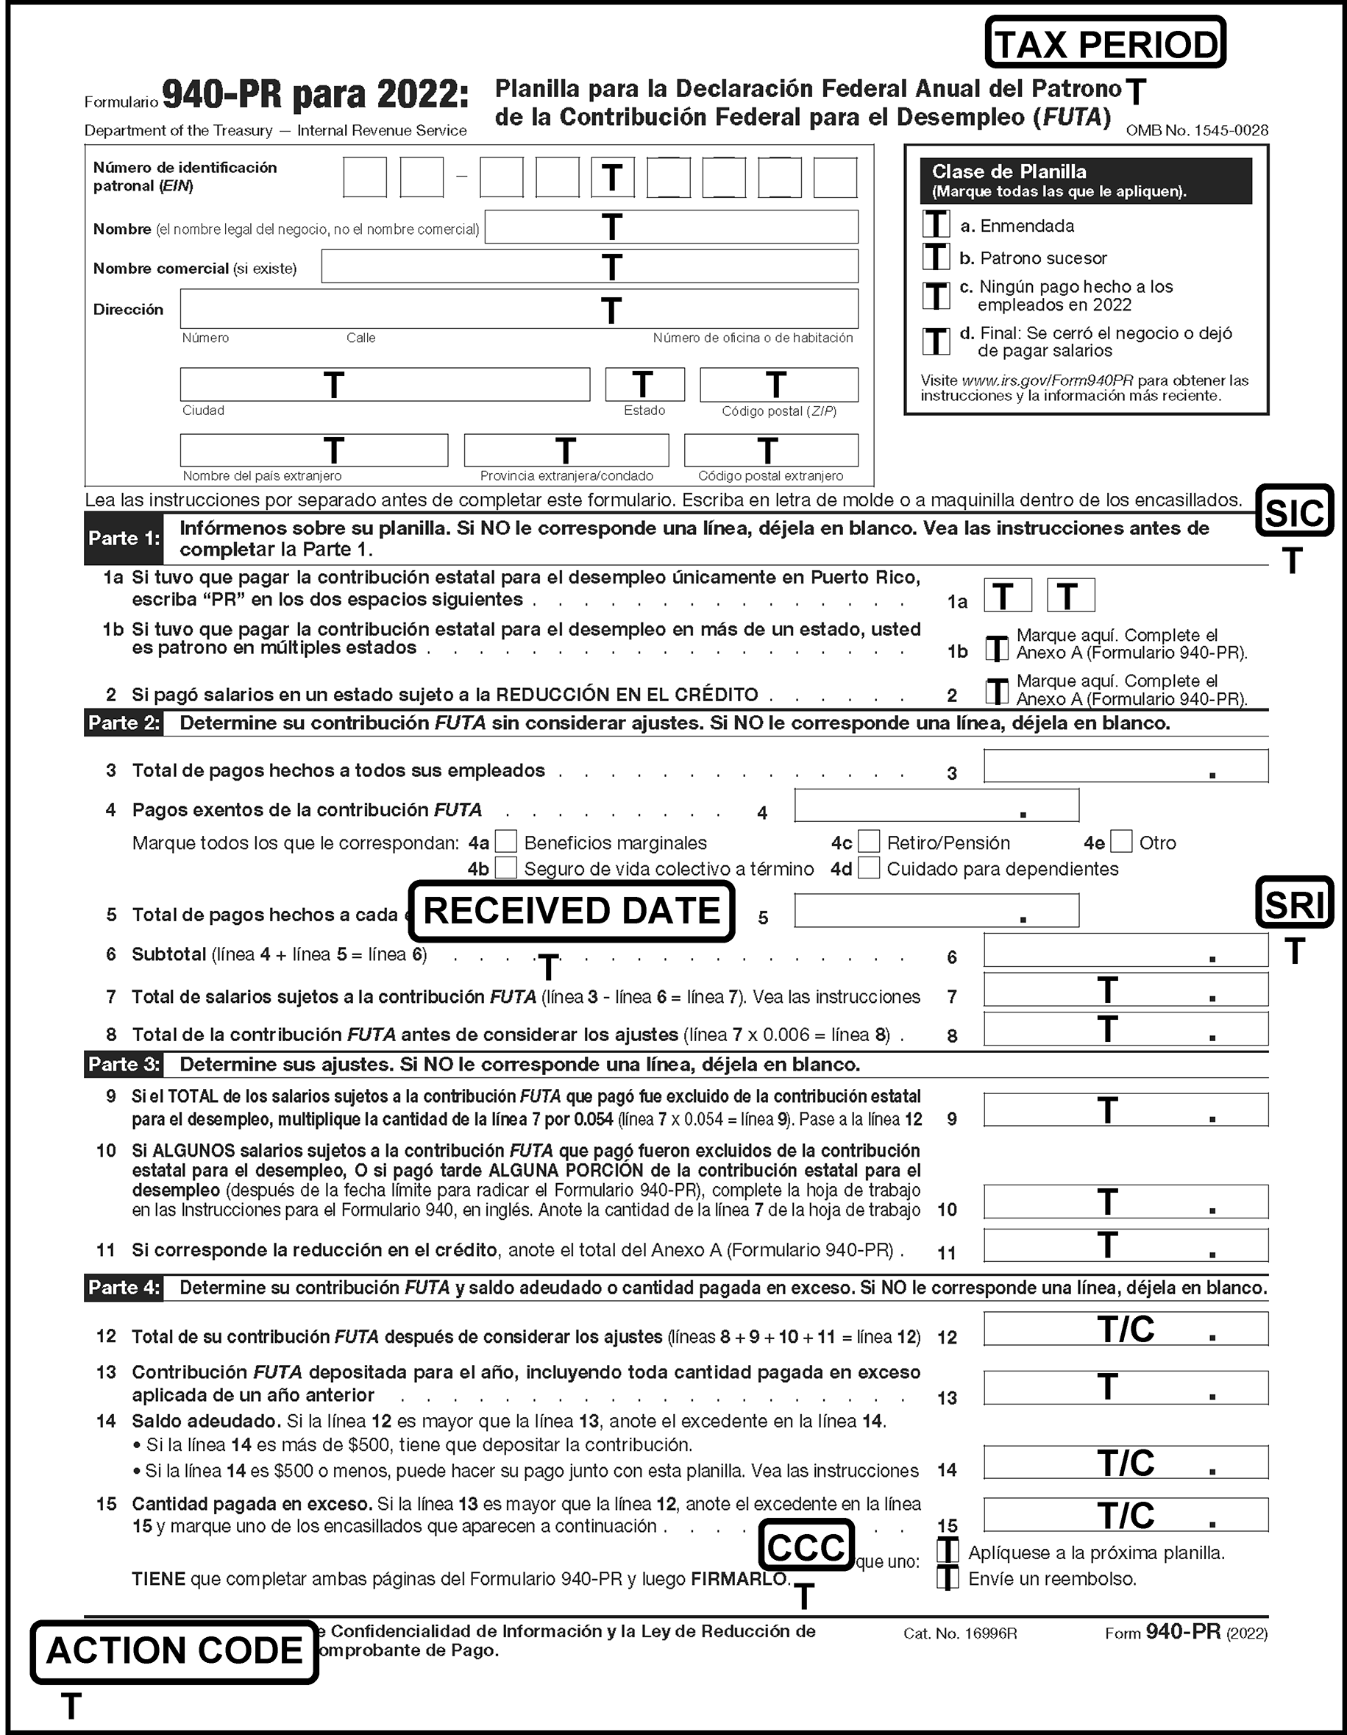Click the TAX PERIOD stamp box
pos(1105,43)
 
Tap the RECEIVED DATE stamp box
pos(571,911)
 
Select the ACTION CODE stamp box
pos(174,1651)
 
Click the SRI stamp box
pos(1294,904)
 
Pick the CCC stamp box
pos(806,1546)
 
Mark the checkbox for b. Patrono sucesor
pos(936,257)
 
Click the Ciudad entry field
pos(385,385)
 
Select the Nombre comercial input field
pos(589,267)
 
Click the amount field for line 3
pos(1125,766)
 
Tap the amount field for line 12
pos(1125,1328)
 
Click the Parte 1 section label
pos(124,539)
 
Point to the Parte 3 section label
pos(124,1065)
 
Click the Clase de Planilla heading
pos(1009,171)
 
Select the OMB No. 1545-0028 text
pos(1196,130)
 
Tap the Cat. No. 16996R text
pos(959,1634)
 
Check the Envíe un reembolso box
pos(947,1578)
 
